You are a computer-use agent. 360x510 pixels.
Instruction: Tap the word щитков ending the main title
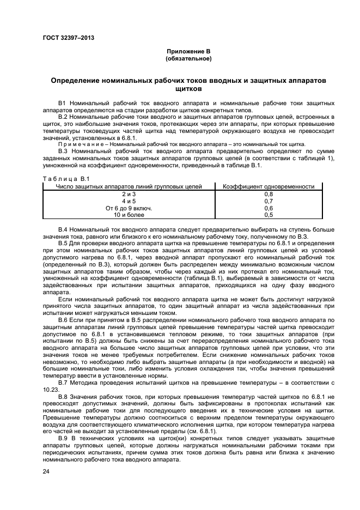[188, 88]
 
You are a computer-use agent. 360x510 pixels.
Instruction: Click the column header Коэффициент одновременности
[269, 186]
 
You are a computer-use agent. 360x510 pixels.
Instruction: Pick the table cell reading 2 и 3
[129, 194]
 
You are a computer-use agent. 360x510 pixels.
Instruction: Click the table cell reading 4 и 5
[129, 201]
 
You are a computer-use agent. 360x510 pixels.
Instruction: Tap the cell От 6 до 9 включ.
[129, 208]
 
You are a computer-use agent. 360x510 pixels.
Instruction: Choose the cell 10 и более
[129, 215]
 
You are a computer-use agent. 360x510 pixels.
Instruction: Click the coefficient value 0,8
[269, 194]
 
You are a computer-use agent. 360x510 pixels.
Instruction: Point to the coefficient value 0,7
[269, 201]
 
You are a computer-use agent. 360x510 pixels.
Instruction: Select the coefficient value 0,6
[269, 208]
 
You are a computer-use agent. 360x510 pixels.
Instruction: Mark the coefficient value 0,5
[269, 215]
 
